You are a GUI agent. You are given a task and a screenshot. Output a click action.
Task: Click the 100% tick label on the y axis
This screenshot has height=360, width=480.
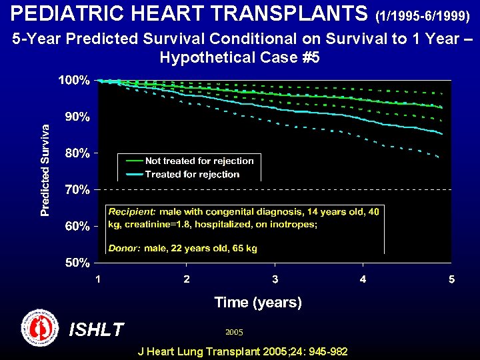[73, 80]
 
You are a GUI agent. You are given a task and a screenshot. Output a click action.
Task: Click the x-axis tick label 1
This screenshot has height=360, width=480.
[98, 279]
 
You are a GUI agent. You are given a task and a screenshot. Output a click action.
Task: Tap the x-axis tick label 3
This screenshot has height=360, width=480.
[275, 279]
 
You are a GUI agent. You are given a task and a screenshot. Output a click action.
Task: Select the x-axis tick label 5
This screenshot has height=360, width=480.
[451, 279]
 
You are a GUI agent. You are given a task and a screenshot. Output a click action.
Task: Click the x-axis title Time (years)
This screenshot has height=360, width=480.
[258, 303]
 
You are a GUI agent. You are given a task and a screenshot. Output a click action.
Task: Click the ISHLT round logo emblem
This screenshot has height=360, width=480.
[40, 328]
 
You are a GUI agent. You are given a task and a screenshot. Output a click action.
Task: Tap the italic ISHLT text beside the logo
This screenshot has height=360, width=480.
[97, 329]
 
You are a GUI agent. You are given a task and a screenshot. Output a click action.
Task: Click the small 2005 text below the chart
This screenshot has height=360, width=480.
[234, 331]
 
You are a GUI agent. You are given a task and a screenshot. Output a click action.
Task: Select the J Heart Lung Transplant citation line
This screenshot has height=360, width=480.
[242, 351]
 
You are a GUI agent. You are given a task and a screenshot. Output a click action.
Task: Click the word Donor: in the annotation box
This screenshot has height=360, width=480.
[123, 248]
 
